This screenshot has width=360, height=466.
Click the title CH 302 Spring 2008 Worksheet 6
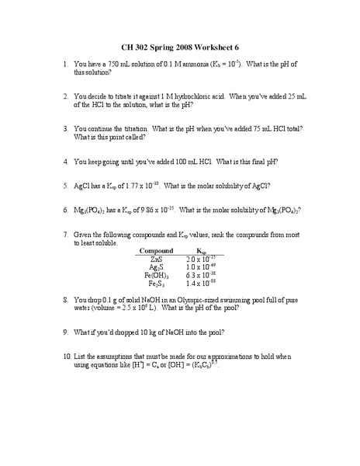click(x=180, y=46)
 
